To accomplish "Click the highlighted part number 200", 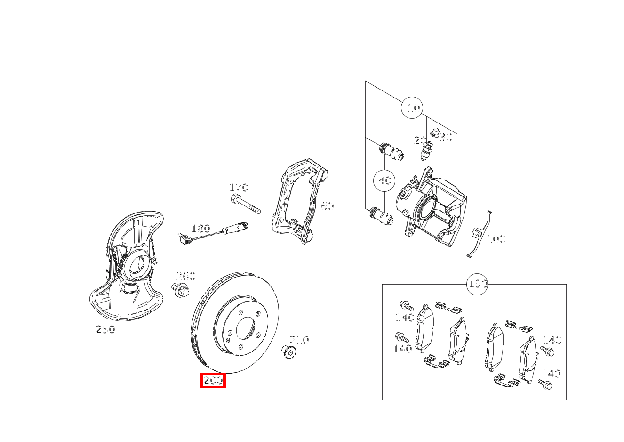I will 213,380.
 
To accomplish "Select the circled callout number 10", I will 413,108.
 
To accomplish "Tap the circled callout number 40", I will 384,180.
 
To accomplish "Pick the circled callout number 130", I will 478,284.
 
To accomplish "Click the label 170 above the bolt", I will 239,188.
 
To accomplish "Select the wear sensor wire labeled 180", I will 212,234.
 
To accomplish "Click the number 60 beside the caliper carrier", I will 327,206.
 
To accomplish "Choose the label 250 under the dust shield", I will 105,330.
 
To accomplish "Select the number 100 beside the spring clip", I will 496,239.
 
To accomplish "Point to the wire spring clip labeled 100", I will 478,234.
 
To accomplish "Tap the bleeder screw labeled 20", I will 426,151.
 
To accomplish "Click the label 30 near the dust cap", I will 446,137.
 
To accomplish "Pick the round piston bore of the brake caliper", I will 425,207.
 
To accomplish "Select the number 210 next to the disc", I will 299,340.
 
